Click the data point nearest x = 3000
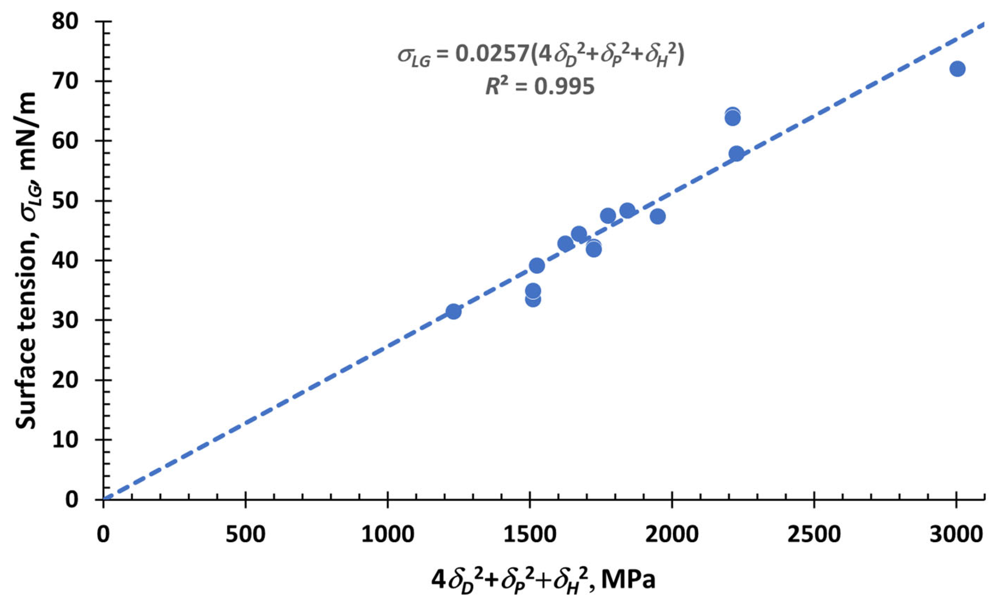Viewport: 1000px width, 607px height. [957, 69]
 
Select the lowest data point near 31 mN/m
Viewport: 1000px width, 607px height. [453, 311]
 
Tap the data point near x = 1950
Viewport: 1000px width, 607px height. [658, 216]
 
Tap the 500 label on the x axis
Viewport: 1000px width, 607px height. [246, 535]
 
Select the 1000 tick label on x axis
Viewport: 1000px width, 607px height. [387, 535]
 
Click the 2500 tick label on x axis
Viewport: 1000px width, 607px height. [814, 535]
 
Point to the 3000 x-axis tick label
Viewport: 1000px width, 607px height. [956, 535]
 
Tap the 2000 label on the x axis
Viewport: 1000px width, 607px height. [672, 535]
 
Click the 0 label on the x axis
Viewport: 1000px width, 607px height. [104, 535]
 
